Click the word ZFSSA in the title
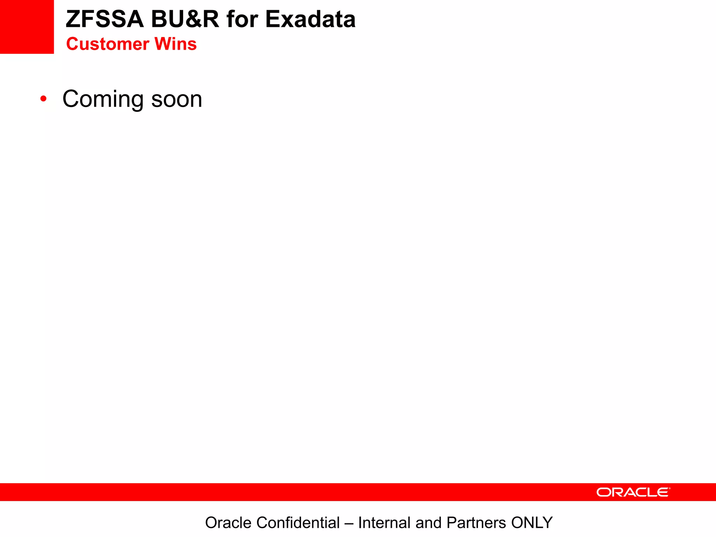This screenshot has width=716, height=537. point(105,19)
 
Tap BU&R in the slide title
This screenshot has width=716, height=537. point(185,19)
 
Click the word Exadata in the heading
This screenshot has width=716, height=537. point(310,19)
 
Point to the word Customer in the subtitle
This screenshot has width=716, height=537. point(108,44)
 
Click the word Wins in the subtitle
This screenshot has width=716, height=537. point(176,44)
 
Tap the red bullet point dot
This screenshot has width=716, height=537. point(43,99)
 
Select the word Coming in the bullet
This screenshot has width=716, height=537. point(103,99)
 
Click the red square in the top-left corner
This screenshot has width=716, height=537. point(27,27)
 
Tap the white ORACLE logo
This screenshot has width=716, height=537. point(632,492)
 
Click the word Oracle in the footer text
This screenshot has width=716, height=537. point(228,523)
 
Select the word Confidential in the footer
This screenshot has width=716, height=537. point(298,523)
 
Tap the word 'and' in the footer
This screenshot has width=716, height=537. point(429,523)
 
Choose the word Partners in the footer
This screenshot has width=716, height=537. point(476,523)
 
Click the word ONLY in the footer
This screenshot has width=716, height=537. point(532,523)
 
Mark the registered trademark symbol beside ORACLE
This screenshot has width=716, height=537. point(669,488)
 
